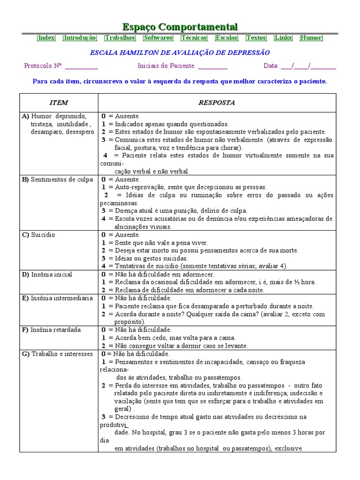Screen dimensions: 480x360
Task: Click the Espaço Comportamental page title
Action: tap(180, 27)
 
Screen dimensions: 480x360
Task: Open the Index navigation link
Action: tap(46, 38)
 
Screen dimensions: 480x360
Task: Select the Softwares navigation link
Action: tap(158, 38)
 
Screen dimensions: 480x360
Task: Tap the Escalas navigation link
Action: tap(226, 38)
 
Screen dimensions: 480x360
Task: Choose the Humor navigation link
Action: tap(311, 38)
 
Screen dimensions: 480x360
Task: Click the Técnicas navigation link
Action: tap(194, 38)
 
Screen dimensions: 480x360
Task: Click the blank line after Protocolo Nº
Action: tap(82, 67)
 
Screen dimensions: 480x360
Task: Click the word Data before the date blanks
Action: tap(271, 66)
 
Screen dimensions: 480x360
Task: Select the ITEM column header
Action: tap(59, 103)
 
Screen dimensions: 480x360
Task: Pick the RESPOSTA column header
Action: tap(217, 103)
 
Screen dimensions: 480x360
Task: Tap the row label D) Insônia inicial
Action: tap(47, 274)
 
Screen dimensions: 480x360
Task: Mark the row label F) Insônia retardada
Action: tap(51, 330)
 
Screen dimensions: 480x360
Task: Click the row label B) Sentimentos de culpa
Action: tap(57, 180)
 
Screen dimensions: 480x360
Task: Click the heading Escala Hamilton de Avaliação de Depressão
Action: tap(180, 52)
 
